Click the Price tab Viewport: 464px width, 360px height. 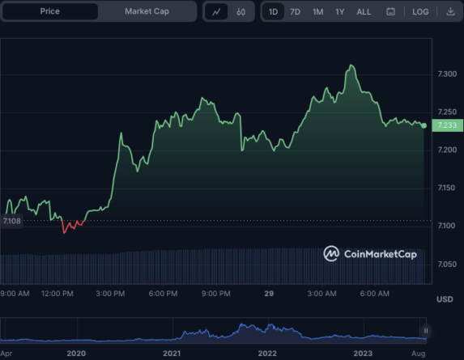(49, 12)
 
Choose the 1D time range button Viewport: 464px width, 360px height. (274, 12)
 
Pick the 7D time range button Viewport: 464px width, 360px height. (296, 12)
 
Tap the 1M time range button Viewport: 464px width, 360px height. (318, 12)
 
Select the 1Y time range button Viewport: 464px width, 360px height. (340, 12)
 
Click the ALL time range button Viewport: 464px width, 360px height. (364, 12)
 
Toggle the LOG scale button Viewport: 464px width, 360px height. (420, 12)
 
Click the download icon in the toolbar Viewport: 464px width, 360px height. (450, 12)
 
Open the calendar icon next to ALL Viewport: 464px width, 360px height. (391, 12)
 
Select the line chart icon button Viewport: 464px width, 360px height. (217, 12)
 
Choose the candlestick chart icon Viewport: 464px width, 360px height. (241, 12)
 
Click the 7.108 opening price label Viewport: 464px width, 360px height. (12, 220)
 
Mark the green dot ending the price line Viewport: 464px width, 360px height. (424, 125)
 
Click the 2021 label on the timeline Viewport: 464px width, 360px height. (171, 354)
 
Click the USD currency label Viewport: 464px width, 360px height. (445, 299)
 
